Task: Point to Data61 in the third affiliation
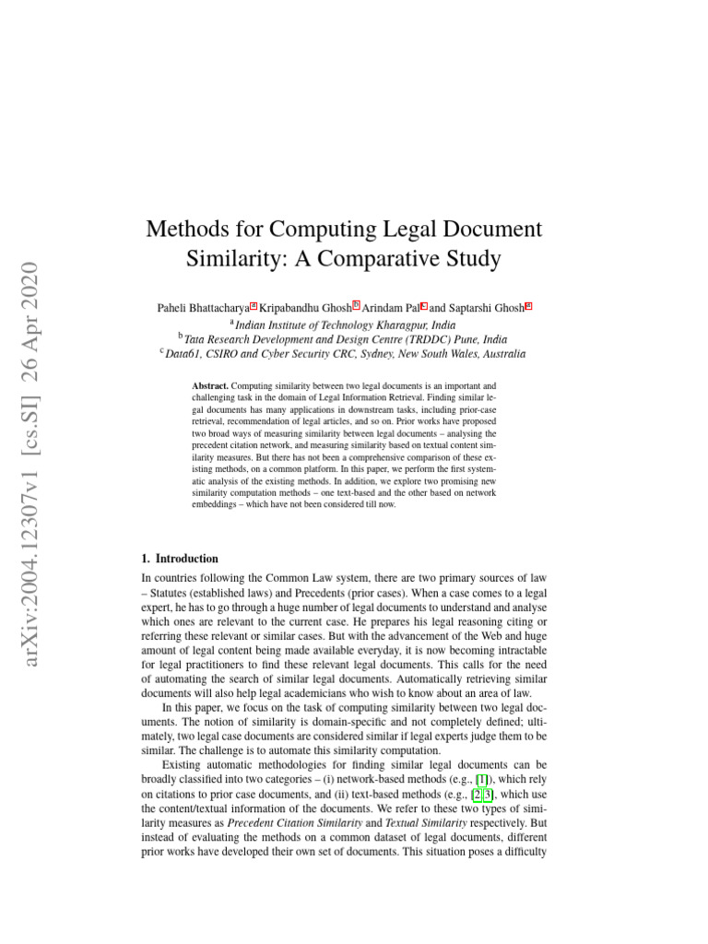184,353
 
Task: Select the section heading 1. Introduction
180,559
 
